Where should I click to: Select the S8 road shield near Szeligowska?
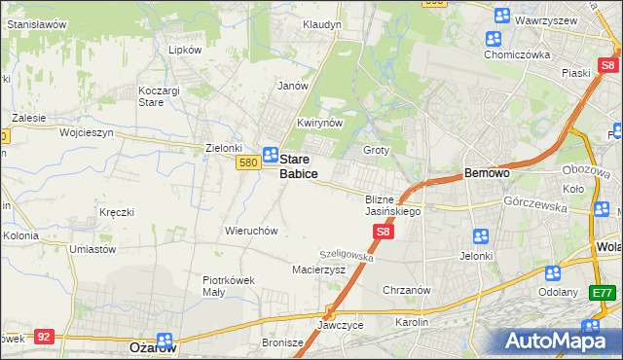[384, 232]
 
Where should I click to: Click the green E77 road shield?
[604, 293]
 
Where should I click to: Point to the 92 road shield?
[43, 337]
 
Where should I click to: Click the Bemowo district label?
[487, 172]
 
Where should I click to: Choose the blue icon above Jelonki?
[480, 236]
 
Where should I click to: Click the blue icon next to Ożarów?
[165, 341]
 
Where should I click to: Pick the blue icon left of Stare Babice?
[272, 156]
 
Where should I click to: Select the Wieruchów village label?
[252, 232]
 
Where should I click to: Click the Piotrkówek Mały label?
[229, 285]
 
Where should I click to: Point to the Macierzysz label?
[319, 270]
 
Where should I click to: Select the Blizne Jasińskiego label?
[392, 204]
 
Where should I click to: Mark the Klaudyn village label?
[322, 24]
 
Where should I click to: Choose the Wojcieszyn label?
[87, 131]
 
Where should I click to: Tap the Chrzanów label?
[407, 290]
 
